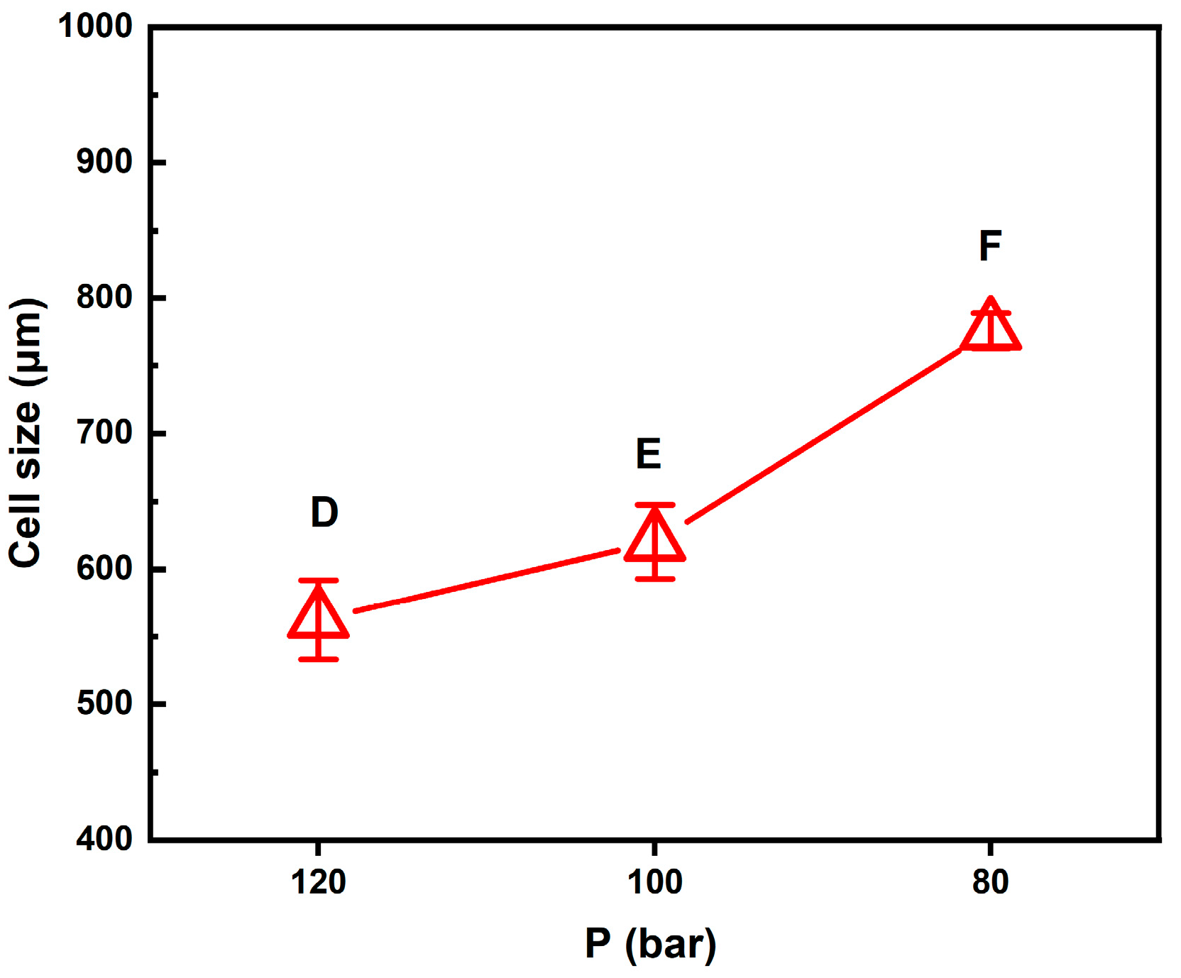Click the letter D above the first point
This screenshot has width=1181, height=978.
pos(324,512)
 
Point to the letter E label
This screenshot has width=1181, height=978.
pos(648,454)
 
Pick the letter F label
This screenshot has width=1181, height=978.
pos(990,246)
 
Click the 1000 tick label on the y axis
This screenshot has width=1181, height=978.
pos(95,26)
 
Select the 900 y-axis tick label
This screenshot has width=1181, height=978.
pos(104,162)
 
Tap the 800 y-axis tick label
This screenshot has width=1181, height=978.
pos(104,297)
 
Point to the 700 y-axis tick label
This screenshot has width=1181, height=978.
pos(104,432)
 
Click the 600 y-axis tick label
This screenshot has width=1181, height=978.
pos(104,568)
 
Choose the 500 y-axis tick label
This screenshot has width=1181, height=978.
pos(104,703)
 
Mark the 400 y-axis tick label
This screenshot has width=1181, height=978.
pos(104,839)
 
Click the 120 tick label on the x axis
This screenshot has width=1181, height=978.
pos(319,882)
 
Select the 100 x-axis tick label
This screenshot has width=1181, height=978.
pos(654,882)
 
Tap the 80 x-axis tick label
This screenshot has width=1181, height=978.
pos(991,882)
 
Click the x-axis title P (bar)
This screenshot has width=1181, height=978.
pos(650,944)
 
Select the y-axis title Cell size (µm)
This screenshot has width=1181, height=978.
pos(26,433)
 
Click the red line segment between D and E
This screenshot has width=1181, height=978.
pos(487,580)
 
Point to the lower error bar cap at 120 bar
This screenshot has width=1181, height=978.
pos(319,659)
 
